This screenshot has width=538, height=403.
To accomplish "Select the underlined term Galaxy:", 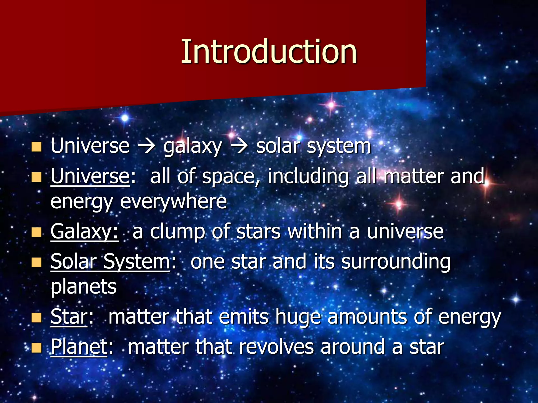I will pyautogui.click(x=85, y=231).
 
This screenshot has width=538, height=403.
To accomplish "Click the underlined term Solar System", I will pyautogui.click(x=110, y=261).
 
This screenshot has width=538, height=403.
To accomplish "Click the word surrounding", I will pyautogui.click(x=396, y=262).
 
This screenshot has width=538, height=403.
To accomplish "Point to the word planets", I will pyautogui.click(x=84, y=287).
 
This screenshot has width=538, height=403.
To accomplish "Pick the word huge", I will pyautogui.click(x=298, y=317).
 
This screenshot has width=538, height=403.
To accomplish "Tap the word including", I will pyautogui.click(x=308, y=176).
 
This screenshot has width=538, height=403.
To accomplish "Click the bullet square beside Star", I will pyautogui.click(x=37, y=318).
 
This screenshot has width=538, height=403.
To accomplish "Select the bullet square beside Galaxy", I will pyautogui.click(x=37, y=232).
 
